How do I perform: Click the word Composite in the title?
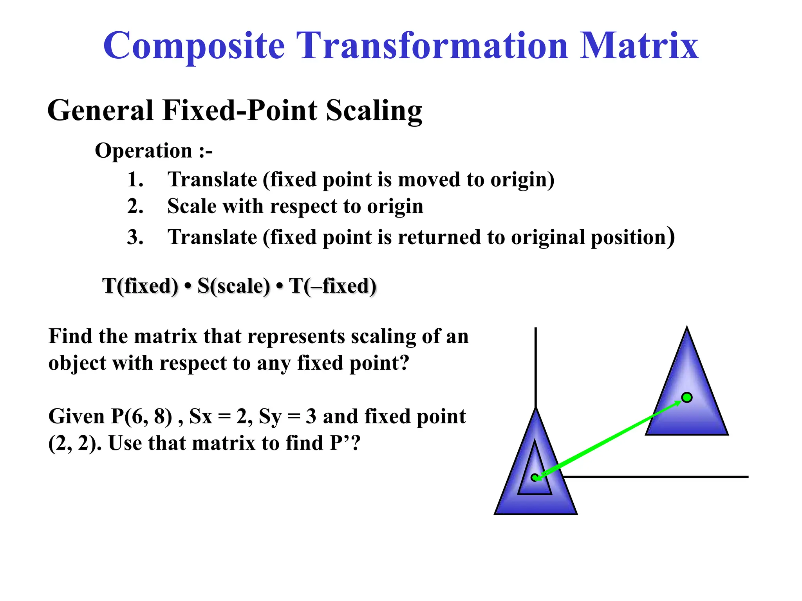pos(194,46)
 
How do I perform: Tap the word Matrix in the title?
pos(639,46)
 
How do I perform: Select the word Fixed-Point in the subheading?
pos(243,110)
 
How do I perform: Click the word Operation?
pos(143,151)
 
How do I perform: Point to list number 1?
pos(135,180)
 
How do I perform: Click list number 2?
pos(135,206)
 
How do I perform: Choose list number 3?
pos(135,238)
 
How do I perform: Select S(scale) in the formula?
pos(233,286)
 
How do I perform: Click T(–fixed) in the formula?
pos(332,286)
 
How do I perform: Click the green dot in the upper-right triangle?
pos(687,398)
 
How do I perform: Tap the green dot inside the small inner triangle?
pos(535,477)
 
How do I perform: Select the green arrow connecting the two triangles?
pos(611,437)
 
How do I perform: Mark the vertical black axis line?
pos(535,368)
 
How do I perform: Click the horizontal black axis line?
pos(658,477)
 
